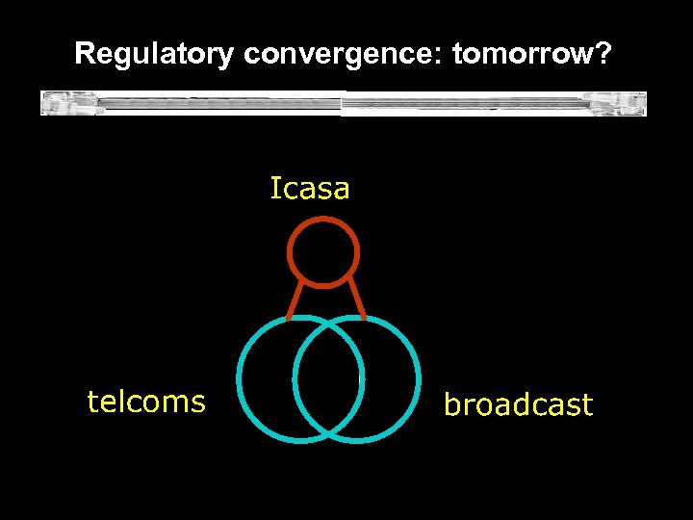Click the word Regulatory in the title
pyautogui.click(x=154, y=55)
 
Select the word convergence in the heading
pyautogui.click(x=343, y=55)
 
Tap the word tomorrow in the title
pyautogui.click(x=524, y=55)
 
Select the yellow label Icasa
pyautogui.click(x=310, y=189)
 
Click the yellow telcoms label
pyautogui.click(x=146, y=401)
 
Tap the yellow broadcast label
pyautogui.click(x=518, y=405)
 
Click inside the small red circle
pyautogui.click(x=323, y=252)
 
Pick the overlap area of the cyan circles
pyautogui.click(x=328, y=378)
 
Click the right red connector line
pyautogui.click(x=355, y=299)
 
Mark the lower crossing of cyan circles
pyautogui.click(x=328, y=431)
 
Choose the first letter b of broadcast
pyautogui.click(x=450, y=404)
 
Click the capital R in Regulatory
pyautogui.click(x=85, y=55)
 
